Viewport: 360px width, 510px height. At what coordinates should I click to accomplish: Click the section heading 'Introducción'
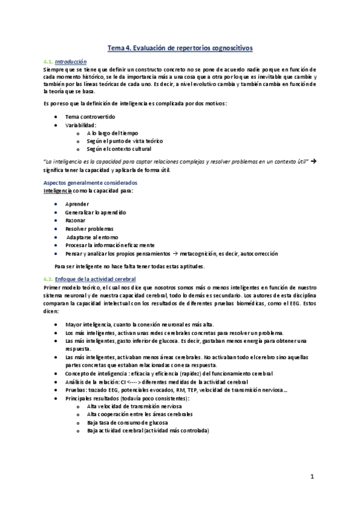[x=70, y=61]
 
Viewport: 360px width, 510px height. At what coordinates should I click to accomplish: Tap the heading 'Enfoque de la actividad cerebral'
[x=95, y=279]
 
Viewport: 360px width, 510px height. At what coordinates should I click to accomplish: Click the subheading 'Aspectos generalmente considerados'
[x=91, y=182]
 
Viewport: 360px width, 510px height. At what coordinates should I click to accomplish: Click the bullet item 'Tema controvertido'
[x=90, y=116]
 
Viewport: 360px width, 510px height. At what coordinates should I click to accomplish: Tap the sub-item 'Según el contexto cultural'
[x=119, y=149]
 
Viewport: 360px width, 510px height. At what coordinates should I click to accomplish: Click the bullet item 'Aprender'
[x=77, y=204]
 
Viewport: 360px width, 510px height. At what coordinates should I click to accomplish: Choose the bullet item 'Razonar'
[x=76, y=221]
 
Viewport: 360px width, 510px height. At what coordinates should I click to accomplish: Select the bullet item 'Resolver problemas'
[x=89, y=229]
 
